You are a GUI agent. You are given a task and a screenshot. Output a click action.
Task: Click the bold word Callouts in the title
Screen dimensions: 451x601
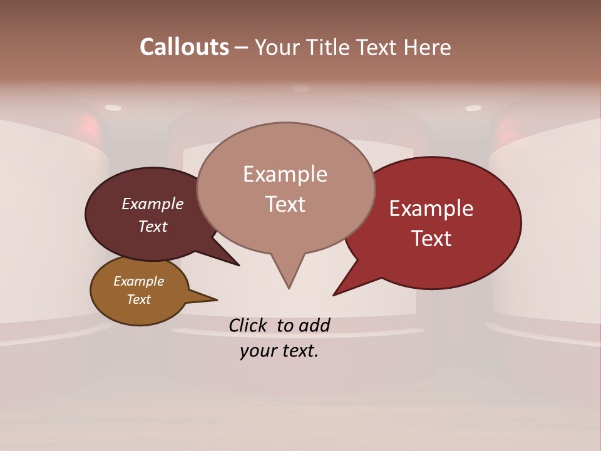pyautogui.click(x=184, y=47)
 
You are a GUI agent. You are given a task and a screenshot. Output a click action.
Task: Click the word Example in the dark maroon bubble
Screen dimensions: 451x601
pyautogui.click(x=153, y=204)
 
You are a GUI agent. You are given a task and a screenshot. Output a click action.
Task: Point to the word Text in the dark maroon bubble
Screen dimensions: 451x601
pyautogui.click(x=153, y=226)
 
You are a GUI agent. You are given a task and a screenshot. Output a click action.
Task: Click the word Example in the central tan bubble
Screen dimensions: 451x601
pyautogui.click(x=285, y=174)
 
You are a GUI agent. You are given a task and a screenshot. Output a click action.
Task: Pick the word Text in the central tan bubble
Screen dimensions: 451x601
pyautogui.click(x=285, y=204)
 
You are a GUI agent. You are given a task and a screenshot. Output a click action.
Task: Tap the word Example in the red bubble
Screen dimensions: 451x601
pyautogui.click(x=431, y=209)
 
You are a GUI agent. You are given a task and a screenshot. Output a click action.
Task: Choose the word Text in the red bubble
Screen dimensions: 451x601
pyautogui.click(x=431, y=239)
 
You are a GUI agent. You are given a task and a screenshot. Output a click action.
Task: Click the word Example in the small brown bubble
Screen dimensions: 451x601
pyautogui.click(x=138, y=281)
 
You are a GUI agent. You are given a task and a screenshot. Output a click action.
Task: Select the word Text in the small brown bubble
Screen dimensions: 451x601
pyautogui.click(x=138, y=299)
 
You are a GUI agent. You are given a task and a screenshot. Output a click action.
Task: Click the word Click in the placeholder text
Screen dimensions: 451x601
pyautogui.click(x=249, y=325)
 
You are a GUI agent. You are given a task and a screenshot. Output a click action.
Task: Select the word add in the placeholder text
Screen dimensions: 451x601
pyautogui.click(x=314, y=325)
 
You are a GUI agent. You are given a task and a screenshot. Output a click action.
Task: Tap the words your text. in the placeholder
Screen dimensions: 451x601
pyautogui.click(x=279, y=351)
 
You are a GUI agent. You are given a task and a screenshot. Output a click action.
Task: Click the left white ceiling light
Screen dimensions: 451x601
pyautogui.click(x=113, y=108)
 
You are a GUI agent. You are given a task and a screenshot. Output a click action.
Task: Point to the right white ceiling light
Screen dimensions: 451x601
pyautogui.click(x=473, y=108)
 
